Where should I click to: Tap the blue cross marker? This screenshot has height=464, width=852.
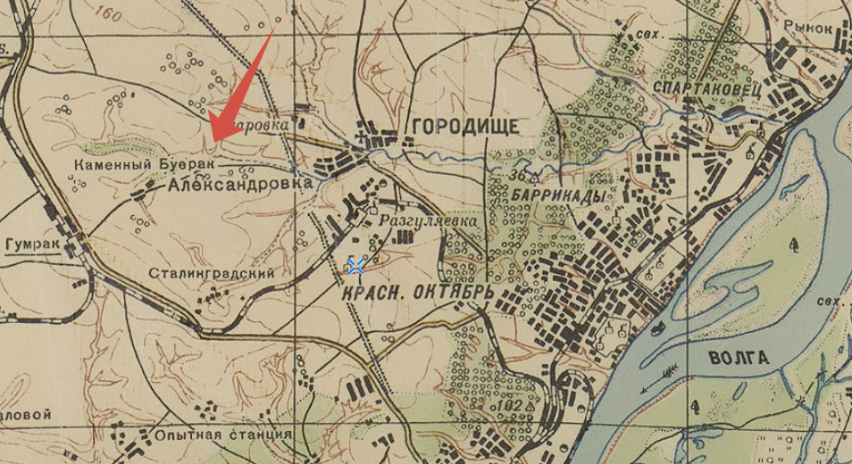[355, 265]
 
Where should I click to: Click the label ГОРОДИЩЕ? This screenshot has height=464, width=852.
[464, 127]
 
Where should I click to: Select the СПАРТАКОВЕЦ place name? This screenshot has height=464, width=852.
[706, 87]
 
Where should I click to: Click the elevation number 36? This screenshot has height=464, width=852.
[516, 176]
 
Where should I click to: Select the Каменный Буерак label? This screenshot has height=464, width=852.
[131, 166]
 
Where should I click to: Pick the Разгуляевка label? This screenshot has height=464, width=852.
[422, 220]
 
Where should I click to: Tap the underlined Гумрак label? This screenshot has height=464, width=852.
[31, 244]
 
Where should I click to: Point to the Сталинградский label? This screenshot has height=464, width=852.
[212, 273]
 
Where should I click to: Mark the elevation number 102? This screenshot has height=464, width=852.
[513, 405]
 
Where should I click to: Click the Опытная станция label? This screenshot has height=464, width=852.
[222, 435]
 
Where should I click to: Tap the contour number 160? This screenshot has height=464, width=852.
[111, 13]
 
